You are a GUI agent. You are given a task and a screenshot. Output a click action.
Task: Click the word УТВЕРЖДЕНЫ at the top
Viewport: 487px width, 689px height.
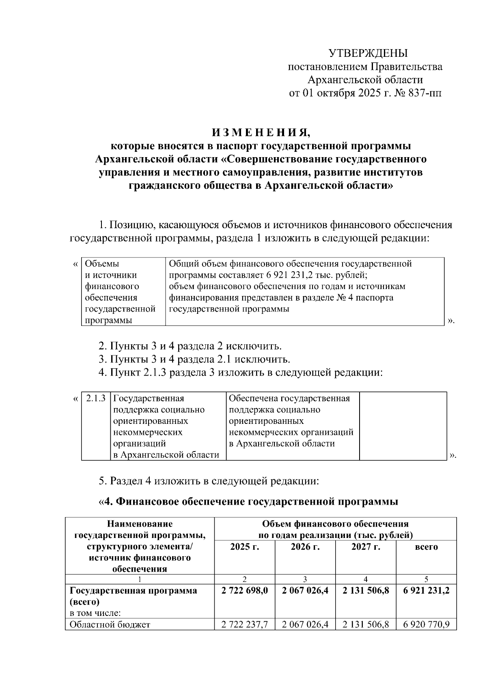point(367,53)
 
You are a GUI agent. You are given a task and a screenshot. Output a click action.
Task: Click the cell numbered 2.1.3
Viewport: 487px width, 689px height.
point(96,398)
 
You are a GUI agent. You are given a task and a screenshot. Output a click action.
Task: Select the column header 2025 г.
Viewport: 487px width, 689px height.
point(244,547)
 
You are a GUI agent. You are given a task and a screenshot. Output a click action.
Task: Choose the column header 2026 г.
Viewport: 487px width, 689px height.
point(305,547)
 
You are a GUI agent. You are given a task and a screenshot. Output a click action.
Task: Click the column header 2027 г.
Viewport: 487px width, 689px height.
point(366,547)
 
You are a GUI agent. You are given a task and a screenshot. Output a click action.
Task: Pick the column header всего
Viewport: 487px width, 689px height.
point(426,547)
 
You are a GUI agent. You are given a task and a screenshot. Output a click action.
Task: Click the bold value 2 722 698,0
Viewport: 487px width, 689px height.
point(244,591)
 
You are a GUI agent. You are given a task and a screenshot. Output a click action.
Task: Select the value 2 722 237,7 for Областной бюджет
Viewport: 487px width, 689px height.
point(244,624)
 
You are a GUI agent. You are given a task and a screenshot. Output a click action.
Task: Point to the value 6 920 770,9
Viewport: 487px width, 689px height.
point(426,624)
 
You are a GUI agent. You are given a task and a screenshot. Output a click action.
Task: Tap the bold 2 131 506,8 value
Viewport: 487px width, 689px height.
point(366,591)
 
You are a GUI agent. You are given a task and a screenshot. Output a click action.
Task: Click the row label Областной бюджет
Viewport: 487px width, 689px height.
point(110,624)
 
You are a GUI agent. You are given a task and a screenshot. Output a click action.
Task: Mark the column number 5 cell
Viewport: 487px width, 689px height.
point(426,579)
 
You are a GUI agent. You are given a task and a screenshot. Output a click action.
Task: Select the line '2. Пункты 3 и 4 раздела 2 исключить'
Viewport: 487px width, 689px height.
point(190,346)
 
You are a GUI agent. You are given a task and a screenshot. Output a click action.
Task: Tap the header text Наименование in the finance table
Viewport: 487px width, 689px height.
point(140,524)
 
